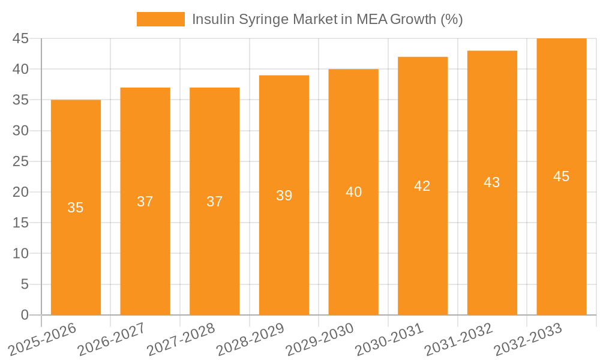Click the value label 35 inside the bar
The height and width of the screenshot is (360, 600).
[76, 208]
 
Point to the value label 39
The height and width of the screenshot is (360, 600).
[284, 196]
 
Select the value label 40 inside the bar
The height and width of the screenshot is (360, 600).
[353, 192]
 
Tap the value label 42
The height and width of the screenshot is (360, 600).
[422, 186]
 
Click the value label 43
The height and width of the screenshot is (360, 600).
[492, 182]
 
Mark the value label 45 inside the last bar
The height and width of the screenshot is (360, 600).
[561, 176]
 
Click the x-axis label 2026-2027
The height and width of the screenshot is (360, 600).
[111, 339]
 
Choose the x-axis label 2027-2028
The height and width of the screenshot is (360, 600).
[181, 339]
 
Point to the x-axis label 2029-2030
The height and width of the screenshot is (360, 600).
[319, 339]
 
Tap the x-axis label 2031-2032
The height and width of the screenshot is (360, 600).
[458, 339]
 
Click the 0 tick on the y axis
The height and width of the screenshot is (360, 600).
[25, 315]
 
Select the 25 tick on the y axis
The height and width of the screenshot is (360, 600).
[21, 161]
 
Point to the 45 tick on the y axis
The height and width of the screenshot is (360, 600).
[21, 38]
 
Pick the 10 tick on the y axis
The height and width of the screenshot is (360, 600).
[21, 254]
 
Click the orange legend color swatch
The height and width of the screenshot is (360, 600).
[160, 19]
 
